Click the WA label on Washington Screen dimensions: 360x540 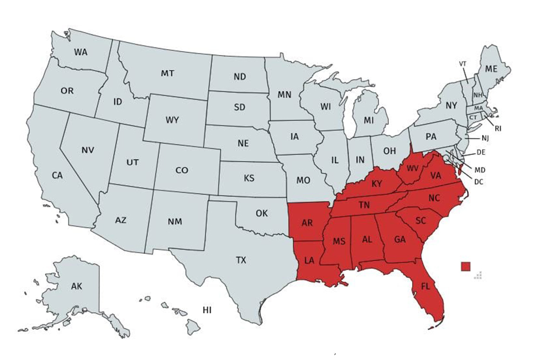[81, 52]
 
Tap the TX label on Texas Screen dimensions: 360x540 [241, 260]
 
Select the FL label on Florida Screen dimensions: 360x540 [426, 287]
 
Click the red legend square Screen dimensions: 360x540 [465, 266]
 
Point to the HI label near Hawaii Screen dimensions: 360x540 [207, 310]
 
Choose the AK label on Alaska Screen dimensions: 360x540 [76, 287]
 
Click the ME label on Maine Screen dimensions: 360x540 [491, 69]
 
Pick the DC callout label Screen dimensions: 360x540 [478, 182]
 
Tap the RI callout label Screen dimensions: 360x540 [497, 128]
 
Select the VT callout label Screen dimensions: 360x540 [463, 64]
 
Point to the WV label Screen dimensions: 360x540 [413, 168]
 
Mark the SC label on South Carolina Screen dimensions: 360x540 [422, 220]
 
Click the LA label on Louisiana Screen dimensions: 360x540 [309, 260]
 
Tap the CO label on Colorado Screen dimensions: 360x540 [182, 171]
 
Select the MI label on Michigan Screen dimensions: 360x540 [369, 119]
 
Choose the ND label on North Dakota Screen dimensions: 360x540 [240, 77]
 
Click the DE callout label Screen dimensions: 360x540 [481, 152]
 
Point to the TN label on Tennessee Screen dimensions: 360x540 [364, 205]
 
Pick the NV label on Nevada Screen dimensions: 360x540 [88, 150]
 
